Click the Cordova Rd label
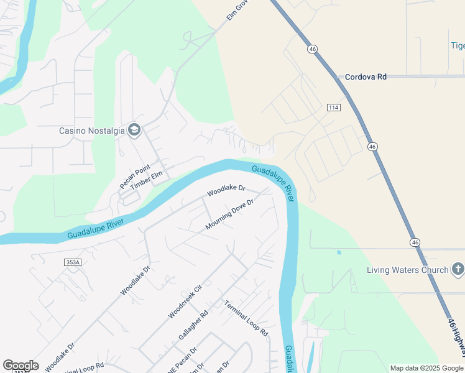pyautogui.click(x=366, y=76)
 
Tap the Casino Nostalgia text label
pyautogui.click(x=92, y=131)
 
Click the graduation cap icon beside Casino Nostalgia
pyautogui.click(x=134, y=130)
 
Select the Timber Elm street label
pyautogui.click(x=145, y=176)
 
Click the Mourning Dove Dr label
pyautogui.click(x=230, y=214)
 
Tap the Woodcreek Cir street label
pyautogui.click(x=185, y=302)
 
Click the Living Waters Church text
pyautogui.click(x=407, y=270)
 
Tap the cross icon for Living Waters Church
pyautogui.click(x=458, y=269)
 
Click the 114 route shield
pyautogui.click(x=334, y=108)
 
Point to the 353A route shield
pyautogui.click(x=73, y=262)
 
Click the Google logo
pyautogui.click(x=21, y=365)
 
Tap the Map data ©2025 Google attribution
pyautogui.click(x=426, y=368)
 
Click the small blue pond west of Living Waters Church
pyautogui.click(x=339, y=252)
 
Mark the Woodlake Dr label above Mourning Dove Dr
pyautogui.click(x=226, y=188)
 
